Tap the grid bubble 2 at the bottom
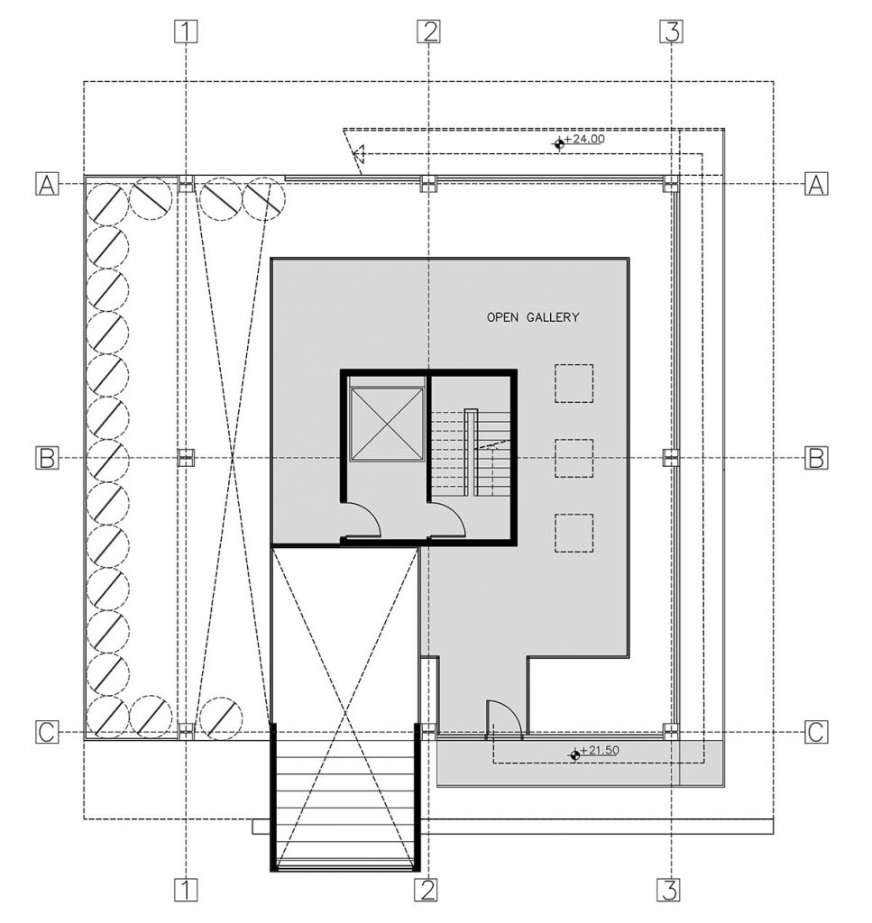(x=427, y=890)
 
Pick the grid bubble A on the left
(x=47, y=184)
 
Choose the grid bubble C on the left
(x=47, y=733)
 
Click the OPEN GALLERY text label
(x=532, y=317)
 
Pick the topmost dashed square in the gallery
(x=574, y=382)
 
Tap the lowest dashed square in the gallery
(x=574, y=532)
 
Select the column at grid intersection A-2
(x=428, y=184)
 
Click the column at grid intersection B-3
(x=670, y=458)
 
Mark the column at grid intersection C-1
(x=186, y=731)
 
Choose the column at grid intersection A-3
(x=670, y=184)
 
